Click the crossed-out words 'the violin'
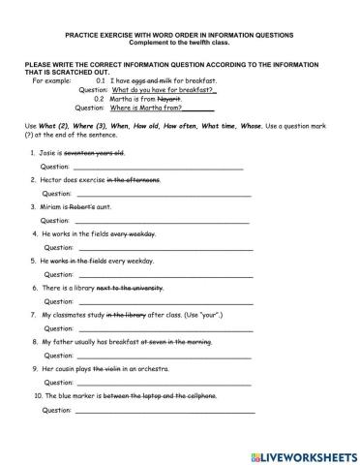[115, 369]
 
